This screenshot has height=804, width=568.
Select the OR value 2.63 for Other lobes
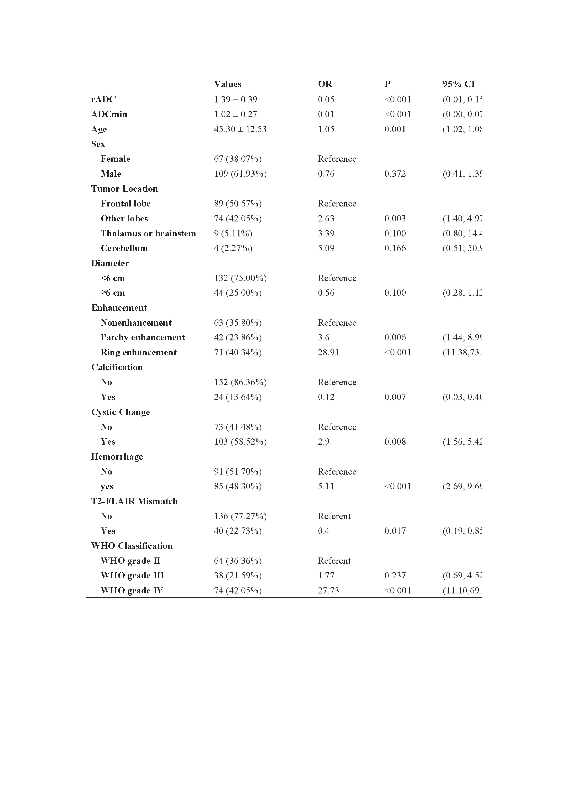(326, 219)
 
